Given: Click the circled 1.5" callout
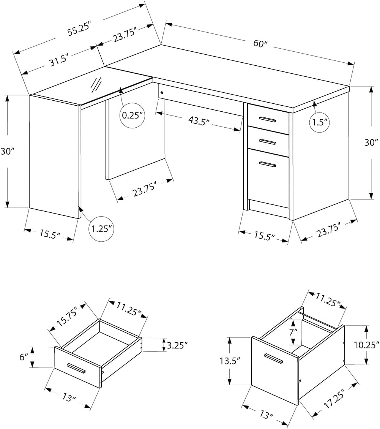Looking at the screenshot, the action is click(320, 122).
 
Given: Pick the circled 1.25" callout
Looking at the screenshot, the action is click(101, 229).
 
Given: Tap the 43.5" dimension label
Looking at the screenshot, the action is click(199, 121).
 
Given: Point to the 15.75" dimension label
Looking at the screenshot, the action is click(68, 318).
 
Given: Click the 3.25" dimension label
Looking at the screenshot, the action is click(177, 345).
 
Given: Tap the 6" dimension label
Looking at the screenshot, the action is click(24, 357).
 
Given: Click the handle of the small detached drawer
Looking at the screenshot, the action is click(76, 368).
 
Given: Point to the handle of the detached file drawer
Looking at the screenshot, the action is click(273, 359).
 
